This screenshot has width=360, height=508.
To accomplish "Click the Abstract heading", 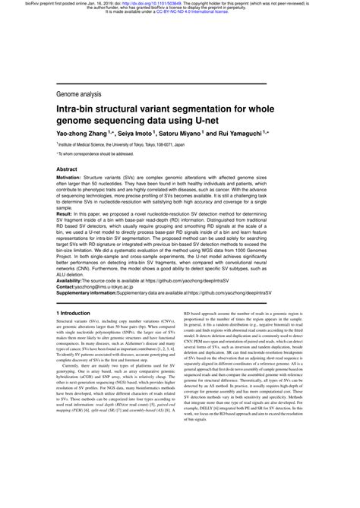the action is [x=67, y=170].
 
